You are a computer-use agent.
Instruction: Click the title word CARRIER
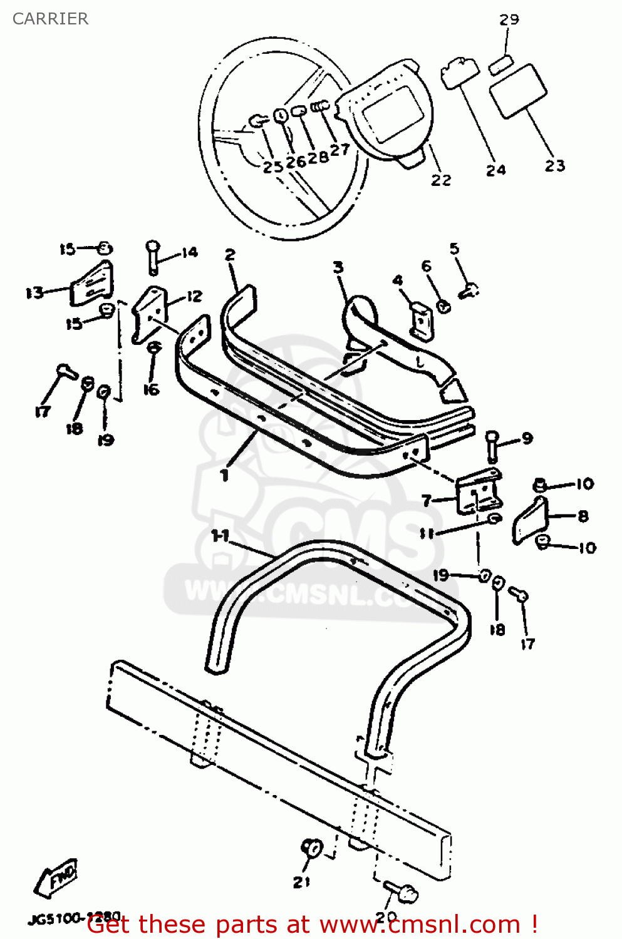coord(50,19)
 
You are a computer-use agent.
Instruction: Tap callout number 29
coord(509,19)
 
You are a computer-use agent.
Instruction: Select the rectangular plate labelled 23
coord(517,91)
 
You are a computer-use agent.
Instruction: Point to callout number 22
coord(440,180)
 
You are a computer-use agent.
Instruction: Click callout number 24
coord(495,170)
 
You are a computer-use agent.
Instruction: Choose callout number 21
coord(301,881)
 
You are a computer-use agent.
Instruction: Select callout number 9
coord(527,438)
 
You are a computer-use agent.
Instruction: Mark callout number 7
coord(427,501)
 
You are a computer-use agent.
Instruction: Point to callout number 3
coord(338,267)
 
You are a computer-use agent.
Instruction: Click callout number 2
coord(230,255)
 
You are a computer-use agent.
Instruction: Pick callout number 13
coord(34,292)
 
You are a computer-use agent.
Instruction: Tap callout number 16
coord(151,389)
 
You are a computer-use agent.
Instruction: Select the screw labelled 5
coord(469,290)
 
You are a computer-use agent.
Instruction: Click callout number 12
coord(194,296)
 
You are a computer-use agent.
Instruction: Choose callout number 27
coord(340,150)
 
